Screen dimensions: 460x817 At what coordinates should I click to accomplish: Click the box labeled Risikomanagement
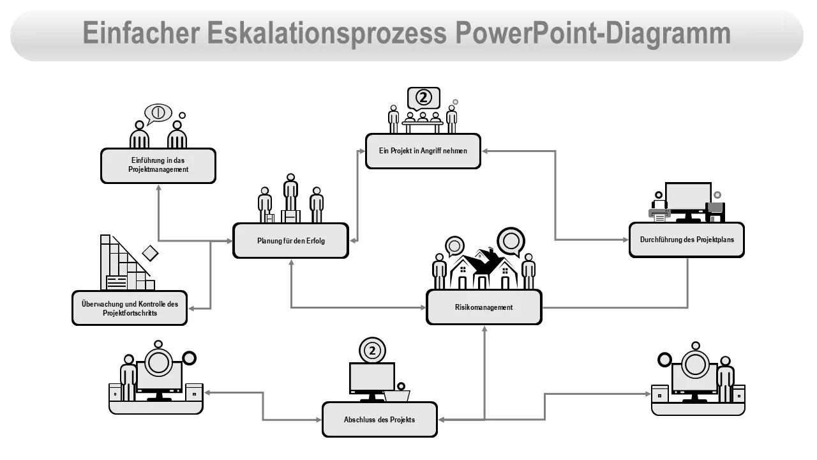[x=484, y=307]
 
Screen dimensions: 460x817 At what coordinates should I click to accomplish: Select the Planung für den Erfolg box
[x=290, y=241]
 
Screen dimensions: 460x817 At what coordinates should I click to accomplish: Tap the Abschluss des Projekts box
[x=379, y=420]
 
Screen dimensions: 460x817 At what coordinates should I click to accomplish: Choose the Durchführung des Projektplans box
[x=686, y=240]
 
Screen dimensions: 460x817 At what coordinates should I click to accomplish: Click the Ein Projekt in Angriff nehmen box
[x=423, y=151]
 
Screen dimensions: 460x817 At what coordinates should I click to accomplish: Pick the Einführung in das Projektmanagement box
[x=158, y=166]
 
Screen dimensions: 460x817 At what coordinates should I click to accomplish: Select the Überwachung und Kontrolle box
[x=130, y=309]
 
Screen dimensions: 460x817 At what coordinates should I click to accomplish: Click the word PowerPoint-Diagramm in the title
[x=593, y=33]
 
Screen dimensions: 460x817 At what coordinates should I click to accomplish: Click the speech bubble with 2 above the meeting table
[x=424, y=98]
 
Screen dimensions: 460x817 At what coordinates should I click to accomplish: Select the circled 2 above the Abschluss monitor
[x=373, y=349]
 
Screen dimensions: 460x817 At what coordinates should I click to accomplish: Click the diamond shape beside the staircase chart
[x=150, y=253]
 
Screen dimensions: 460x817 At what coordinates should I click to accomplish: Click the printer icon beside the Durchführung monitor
[x=659, y=211]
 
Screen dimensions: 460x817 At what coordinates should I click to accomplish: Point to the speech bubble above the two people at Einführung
[x=158, y=113]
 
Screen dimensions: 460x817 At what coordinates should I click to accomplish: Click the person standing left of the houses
[x=439, y=271]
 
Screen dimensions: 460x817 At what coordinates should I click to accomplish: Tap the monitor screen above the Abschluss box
[x=371, y=378]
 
